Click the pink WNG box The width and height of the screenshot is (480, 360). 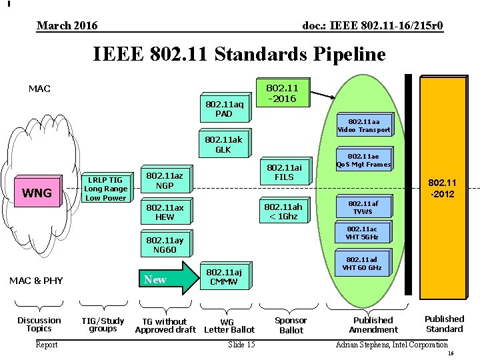38,193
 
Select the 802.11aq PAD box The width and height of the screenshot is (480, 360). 224,108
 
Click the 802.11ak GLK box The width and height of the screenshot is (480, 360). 224,145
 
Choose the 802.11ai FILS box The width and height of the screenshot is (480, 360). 280,172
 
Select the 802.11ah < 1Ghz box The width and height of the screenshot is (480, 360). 283,211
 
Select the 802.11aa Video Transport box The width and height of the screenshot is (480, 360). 364,125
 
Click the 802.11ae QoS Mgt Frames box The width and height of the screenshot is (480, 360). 363,160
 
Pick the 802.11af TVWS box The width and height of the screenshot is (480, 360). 363,207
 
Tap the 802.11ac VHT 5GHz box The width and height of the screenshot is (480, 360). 363,233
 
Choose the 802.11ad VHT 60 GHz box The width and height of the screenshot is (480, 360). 362,264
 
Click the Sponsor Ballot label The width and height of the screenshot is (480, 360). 291,325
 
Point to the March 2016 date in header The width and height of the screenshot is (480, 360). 67,26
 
